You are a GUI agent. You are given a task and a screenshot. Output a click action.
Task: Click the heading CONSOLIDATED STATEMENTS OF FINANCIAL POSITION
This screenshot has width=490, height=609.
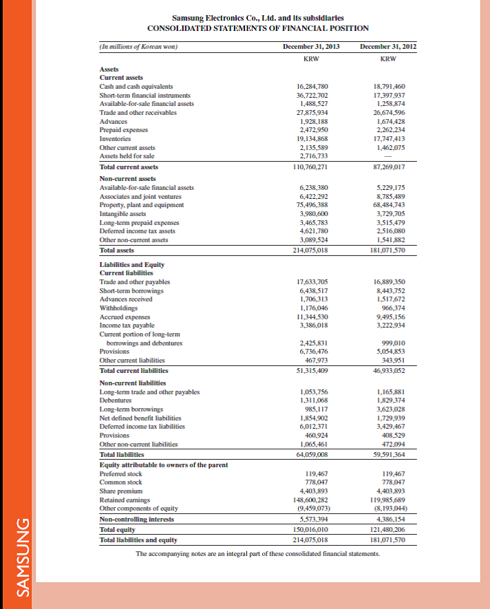click(258, 28)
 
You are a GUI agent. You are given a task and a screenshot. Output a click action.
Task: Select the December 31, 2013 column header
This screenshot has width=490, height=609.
click(311, 46)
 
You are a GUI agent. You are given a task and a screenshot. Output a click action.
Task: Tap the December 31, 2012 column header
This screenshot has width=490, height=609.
click(388, 46)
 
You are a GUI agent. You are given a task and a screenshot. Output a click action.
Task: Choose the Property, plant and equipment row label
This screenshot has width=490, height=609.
click(142, 204)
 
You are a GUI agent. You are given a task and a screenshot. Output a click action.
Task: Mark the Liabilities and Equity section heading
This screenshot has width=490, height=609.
click(132, 264)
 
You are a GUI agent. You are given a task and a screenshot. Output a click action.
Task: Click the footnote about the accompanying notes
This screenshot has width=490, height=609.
click(258, 553)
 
